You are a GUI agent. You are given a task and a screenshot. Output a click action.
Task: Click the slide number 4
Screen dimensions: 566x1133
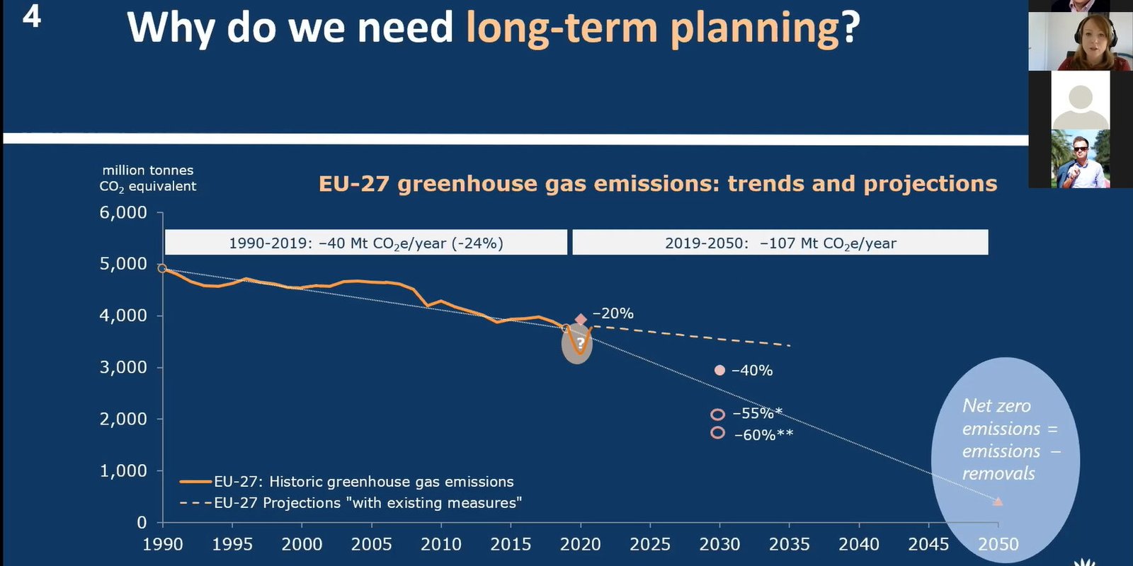32,16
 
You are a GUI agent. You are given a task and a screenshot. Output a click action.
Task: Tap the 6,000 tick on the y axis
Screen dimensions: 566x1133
123,212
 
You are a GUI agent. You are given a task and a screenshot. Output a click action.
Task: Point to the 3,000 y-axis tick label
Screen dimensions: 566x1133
123,367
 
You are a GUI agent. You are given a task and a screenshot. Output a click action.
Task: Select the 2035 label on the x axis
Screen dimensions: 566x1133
789,544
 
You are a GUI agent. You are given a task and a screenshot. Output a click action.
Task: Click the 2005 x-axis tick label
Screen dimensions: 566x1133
371,544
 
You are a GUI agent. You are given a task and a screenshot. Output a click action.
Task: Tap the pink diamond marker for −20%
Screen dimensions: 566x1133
581,320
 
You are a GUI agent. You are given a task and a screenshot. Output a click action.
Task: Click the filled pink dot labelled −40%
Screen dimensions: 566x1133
719,370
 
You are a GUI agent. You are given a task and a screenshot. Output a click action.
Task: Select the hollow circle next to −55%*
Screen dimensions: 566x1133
717,415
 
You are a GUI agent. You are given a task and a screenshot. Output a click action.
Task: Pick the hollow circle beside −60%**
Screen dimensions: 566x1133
717,432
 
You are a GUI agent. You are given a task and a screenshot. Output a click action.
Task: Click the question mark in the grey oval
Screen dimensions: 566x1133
580,343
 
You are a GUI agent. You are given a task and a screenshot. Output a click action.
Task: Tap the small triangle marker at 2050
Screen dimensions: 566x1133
998,501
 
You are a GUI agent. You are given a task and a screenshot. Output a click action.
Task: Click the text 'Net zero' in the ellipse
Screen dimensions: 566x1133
996,406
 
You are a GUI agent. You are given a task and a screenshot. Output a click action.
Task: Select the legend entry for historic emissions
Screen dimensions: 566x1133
347,482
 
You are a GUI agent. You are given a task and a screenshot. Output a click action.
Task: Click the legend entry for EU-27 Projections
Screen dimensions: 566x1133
351,503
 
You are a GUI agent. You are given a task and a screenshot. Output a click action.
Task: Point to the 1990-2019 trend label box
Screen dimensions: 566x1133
365,243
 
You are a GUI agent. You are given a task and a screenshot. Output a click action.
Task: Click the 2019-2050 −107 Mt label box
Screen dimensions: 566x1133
780,243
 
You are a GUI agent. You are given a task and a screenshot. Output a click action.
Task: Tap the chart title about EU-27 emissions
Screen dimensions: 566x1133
657,184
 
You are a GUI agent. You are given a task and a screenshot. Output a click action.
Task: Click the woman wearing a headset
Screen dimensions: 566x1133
1080,42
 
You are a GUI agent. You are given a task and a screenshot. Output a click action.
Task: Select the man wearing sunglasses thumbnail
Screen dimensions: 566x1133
1080,159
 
